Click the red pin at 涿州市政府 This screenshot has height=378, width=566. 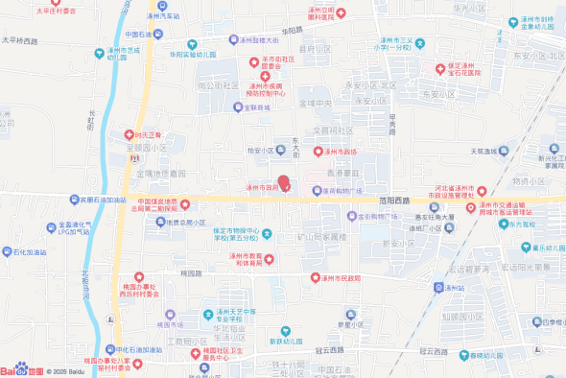283,180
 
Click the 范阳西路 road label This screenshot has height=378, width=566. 393,200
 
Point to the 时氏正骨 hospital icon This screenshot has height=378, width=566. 128,135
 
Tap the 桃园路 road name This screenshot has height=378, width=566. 191,272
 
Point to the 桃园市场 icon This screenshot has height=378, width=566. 170,314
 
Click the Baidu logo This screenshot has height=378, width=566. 21,369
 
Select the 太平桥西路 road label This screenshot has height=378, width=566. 26,41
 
